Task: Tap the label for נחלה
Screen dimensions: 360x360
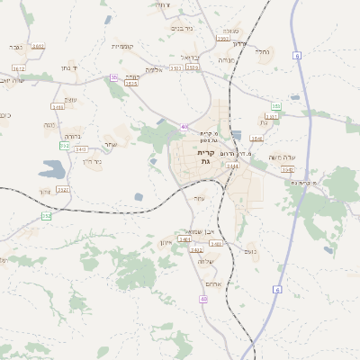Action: pos(262,52)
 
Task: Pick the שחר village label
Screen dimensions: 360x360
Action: pos(111,143)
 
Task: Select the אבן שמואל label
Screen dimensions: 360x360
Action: pos(200,231)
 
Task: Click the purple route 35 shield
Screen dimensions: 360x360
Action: pos(113,78)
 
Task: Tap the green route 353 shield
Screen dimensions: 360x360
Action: pos(275,106)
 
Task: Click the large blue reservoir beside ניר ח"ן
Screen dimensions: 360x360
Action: pos(52,167)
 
